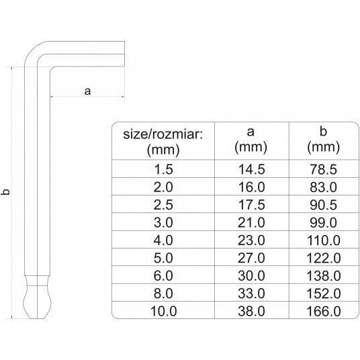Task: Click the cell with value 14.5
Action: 251,171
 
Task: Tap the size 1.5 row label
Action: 163,171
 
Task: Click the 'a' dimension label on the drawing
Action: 87,91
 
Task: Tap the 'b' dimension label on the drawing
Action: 6,193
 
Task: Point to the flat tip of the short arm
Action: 124,52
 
